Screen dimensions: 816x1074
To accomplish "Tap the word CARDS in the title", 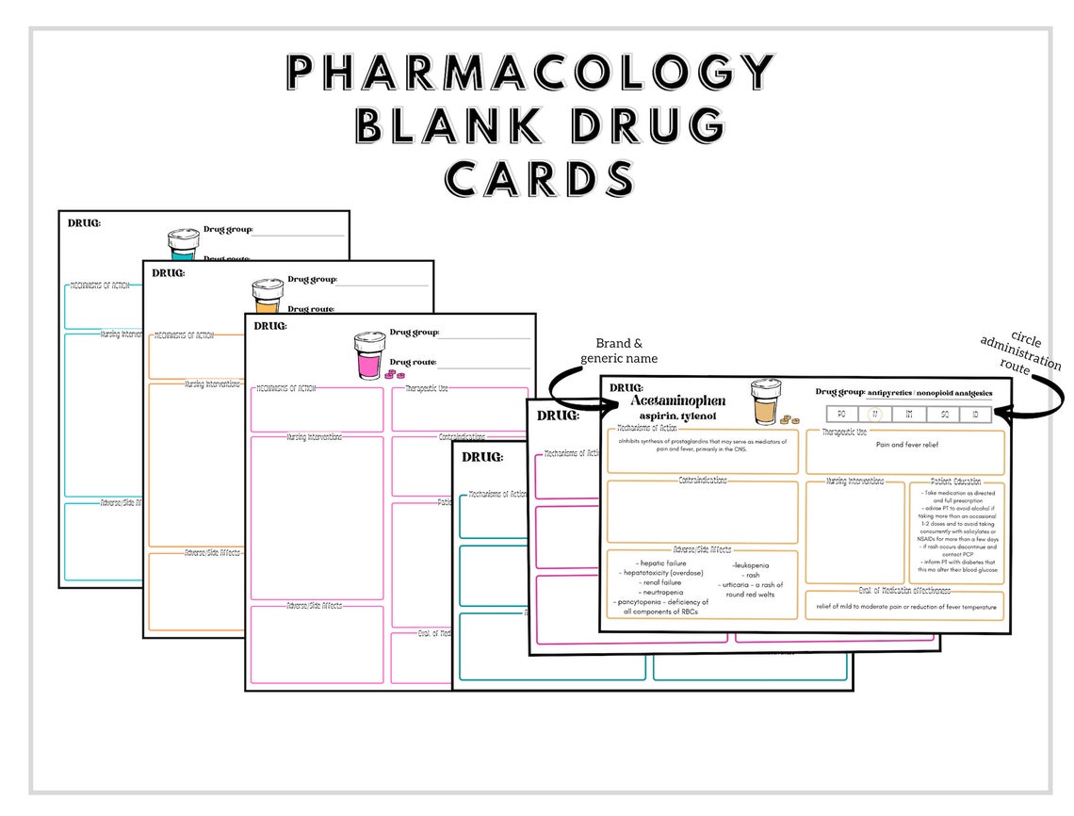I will [x=540, y=177].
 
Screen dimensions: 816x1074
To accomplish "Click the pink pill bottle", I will [x=369, y=355].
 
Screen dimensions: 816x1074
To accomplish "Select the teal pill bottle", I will [x=183, y=244].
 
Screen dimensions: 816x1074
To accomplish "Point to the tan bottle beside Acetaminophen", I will [x=765, y=402].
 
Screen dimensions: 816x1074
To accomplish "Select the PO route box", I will [x=841, y=414].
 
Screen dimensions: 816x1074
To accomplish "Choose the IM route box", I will [x=908, y=414].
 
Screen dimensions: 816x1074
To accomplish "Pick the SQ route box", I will [x=942, y=414].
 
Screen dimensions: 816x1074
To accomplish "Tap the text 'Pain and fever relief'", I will [x=905, y=444].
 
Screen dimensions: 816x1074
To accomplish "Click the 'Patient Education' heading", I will [x=955, y=481].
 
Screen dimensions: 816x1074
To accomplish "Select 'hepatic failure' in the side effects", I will [x=662, y=563].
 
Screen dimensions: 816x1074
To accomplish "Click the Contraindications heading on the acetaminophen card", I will [x=703, y=481].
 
